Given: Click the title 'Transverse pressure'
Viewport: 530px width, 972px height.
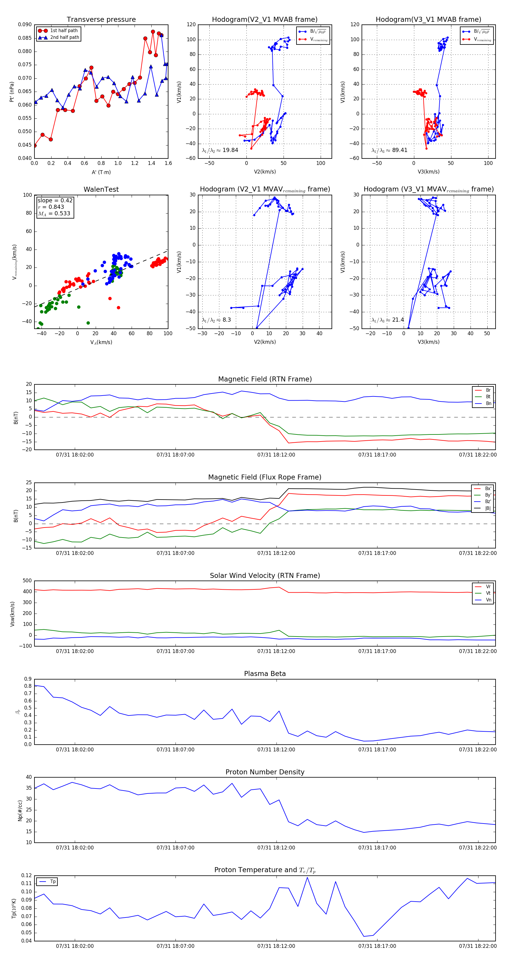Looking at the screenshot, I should point(101,20).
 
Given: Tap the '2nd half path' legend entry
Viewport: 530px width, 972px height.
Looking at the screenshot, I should point(64,37).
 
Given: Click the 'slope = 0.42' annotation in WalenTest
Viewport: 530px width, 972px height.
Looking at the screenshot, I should point(55,200).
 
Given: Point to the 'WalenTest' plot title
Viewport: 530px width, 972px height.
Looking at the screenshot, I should point(101,189).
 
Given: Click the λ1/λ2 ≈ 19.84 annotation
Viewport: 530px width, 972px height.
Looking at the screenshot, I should point(220,150).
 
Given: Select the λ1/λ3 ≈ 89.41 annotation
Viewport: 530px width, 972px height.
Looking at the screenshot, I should point(389,150).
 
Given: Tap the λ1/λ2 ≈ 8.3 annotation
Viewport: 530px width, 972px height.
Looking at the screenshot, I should point(216,320).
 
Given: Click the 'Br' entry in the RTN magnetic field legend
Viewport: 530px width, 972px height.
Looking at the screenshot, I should point(488,390).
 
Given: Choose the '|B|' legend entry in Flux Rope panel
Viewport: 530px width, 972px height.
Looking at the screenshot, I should point(488,508).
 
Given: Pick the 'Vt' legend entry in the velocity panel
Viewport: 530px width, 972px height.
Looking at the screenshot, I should point(488,593).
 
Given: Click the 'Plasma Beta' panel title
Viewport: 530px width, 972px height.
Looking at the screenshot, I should point(265,674).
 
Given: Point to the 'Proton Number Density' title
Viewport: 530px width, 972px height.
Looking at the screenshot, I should point(265,772).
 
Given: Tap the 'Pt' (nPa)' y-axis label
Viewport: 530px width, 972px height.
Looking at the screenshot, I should point(12,92).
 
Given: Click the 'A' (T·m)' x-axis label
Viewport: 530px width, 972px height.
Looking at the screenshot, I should point(101,172).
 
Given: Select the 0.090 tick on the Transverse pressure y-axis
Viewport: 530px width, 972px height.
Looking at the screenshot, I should point(25,25).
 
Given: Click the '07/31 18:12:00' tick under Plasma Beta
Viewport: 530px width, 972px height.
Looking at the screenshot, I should point(276,750).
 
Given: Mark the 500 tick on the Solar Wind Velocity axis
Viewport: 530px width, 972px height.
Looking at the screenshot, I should point(27,581).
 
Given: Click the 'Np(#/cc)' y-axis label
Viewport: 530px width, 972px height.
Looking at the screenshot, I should point(20,810).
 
